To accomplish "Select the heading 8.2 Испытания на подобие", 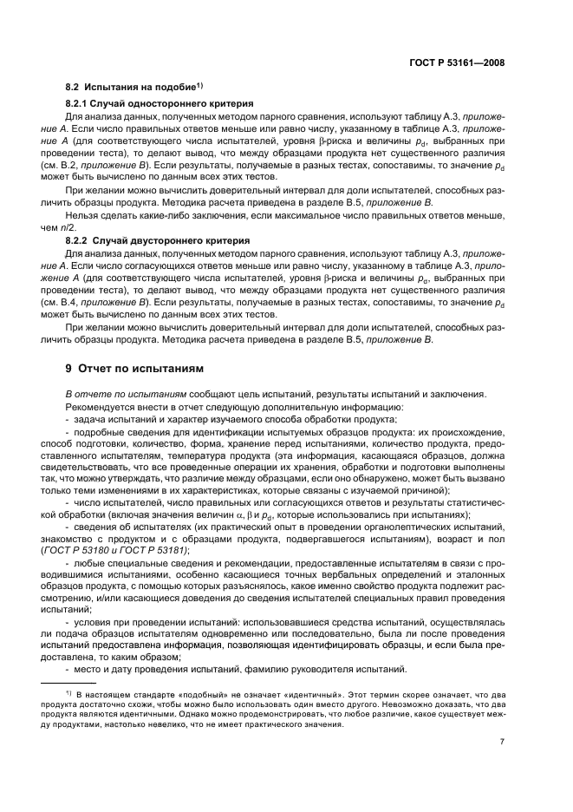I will [131, 88].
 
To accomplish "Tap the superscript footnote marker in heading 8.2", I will [199, 85].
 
